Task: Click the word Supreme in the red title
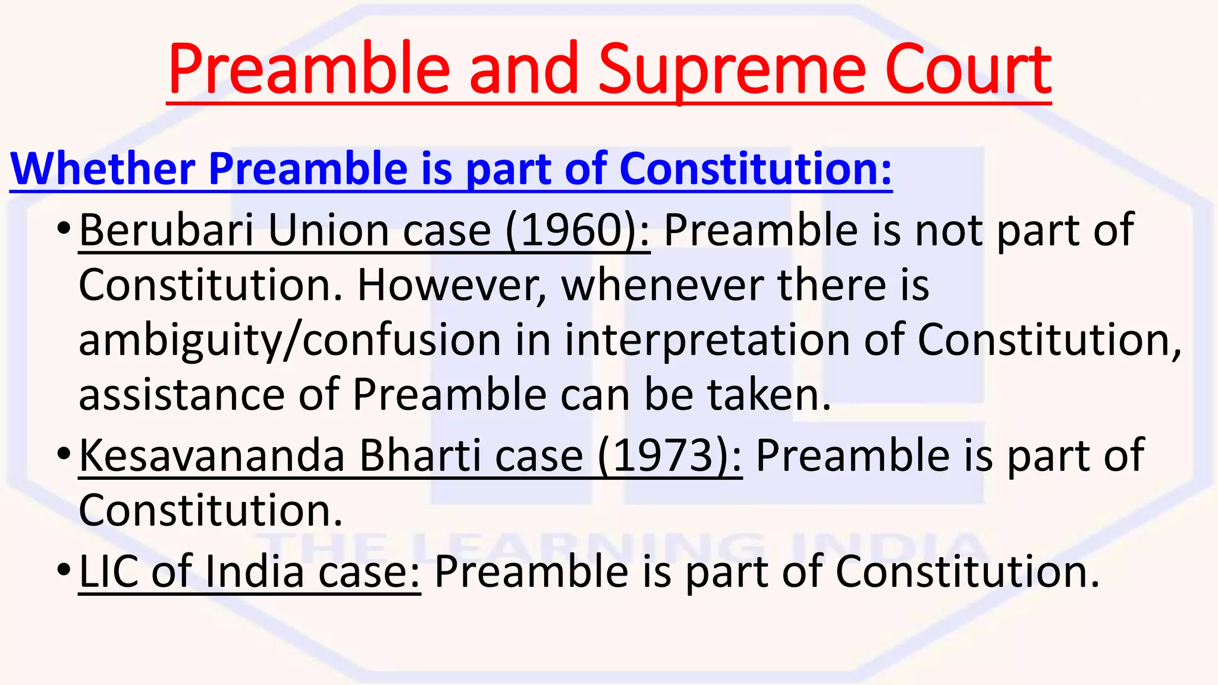pyautogui.click(x=731, y=70)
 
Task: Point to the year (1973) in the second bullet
pyautogui.click(x=670, y=456)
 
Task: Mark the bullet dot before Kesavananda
pyautogui.click(x=64, y=454)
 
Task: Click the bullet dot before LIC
pyautogui.click(x=64, y=570)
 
